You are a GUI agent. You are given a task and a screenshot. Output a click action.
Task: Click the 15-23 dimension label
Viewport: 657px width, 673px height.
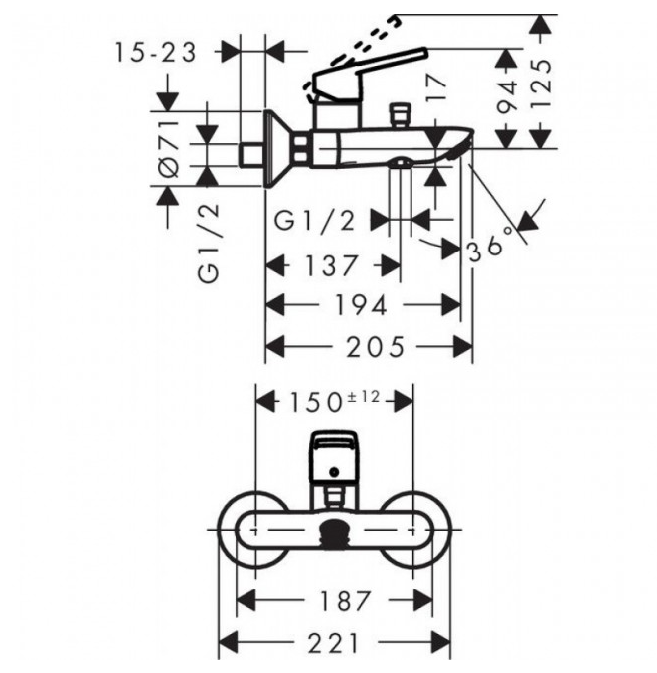point(156,53)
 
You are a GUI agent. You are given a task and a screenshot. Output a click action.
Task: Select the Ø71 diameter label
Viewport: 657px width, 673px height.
point(169,149)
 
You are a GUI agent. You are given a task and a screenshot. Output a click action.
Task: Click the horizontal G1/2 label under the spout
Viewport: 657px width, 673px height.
point(315,221)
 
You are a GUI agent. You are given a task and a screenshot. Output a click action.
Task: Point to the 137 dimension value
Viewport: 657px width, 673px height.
point(330,265)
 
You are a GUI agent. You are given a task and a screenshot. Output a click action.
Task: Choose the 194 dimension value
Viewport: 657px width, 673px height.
point(361,305)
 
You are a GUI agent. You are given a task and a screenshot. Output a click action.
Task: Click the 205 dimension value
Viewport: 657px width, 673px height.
point(375,346)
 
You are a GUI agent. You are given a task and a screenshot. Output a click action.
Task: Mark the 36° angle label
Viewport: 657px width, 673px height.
point(490,244)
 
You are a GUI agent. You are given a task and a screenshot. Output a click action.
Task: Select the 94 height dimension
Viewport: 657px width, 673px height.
point(508,97)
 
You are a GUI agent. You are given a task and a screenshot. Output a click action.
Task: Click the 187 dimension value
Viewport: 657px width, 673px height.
point(345,600)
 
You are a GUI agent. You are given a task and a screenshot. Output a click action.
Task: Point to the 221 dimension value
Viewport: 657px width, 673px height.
point(333,643)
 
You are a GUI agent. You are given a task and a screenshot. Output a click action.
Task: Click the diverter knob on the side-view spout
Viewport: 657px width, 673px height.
point(399,114)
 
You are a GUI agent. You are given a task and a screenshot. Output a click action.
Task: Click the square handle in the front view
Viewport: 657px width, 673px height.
point(333,456)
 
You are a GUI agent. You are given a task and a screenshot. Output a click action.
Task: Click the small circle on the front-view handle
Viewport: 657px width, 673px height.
point(333,472)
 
